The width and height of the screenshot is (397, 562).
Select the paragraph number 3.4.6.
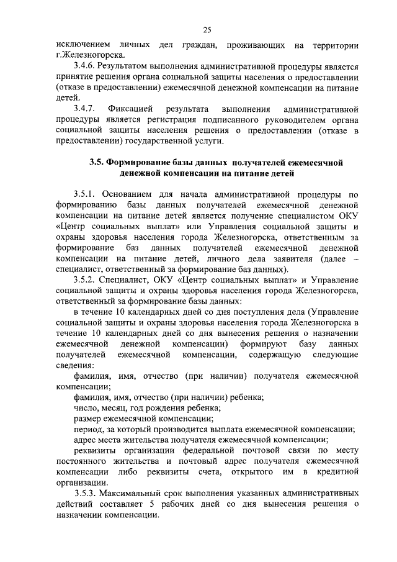click(85, 66)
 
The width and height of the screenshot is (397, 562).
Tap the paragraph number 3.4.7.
click(85, 109)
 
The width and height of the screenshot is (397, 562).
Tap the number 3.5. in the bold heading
click(96, 162)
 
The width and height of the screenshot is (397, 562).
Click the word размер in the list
click(87, 419)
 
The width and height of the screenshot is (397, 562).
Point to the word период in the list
click(89, 429)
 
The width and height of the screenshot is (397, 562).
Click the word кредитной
click(337, 473)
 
